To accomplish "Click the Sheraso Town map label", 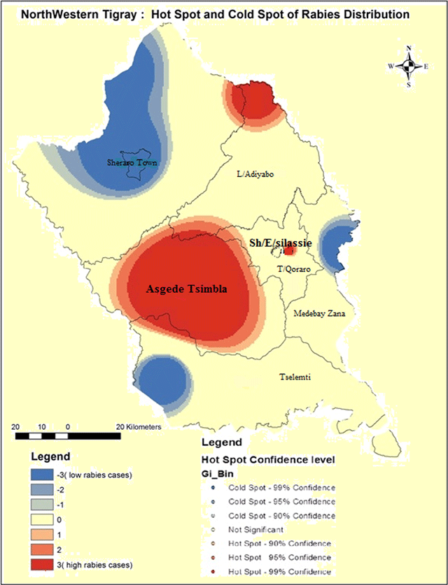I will point(132,163).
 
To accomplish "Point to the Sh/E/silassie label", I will point(279,242).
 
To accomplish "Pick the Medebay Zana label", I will point(319,313).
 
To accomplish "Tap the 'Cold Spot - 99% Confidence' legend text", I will point(283,487).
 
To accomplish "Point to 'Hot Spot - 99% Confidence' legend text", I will point(283,573).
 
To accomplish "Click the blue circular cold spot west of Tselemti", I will point(164,383).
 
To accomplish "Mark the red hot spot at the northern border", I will point(251,100).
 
